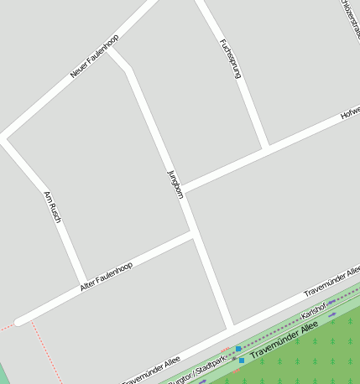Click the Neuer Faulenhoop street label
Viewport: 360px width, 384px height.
(x=95, y=57)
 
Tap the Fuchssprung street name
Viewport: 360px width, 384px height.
(x=230, y=59)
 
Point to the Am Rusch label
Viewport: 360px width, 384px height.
(x=52, y=207)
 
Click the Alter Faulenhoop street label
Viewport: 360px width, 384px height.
(x=107, y=277)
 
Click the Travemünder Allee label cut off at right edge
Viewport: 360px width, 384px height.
(x=332, y=280)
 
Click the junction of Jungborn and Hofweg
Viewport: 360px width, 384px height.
(x=184, y=189)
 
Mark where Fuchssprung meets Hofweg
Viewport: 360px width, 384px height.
(x=265, y=149)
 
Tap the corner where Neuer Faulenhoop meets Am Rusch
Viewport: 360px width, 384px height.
(x=5, y=137)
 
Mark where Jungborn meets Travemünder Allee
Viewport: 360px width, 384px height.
(x=230, y=327)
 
